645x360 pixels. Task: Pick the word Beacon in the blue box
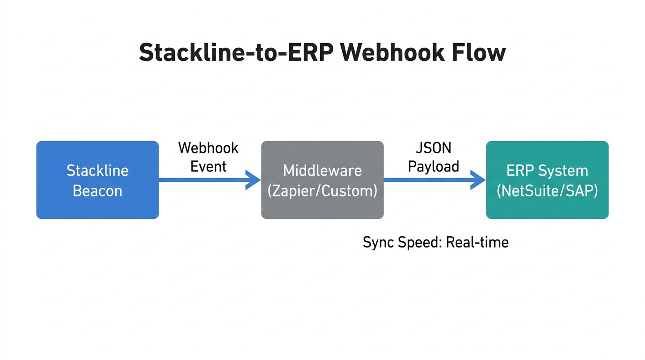pos(97,191)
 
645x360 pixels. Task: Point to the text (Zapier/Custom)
pos(322,191)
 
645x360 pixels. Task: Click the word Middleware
pos(322,170)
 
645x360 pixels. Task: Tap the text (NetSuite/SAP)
pos(547,191)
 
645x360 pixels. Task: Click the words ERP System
pos(547,170)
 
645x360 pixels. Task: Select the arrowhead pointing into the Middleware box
pos(254,180)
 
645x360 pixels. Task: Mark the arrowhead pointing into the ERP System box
pos(479,180)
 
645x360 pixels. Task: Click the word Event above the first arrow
pos(209,166)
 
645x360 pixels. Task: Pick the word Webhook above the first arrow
pos(209,148)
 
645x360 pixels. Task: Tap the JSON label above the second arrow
pos(434,148)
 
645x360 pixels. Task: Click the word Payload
pos(434,166)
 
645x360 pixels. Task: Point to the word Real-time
pos(477,242)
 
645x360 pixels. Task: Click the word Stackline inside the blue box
pos(97,170)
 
